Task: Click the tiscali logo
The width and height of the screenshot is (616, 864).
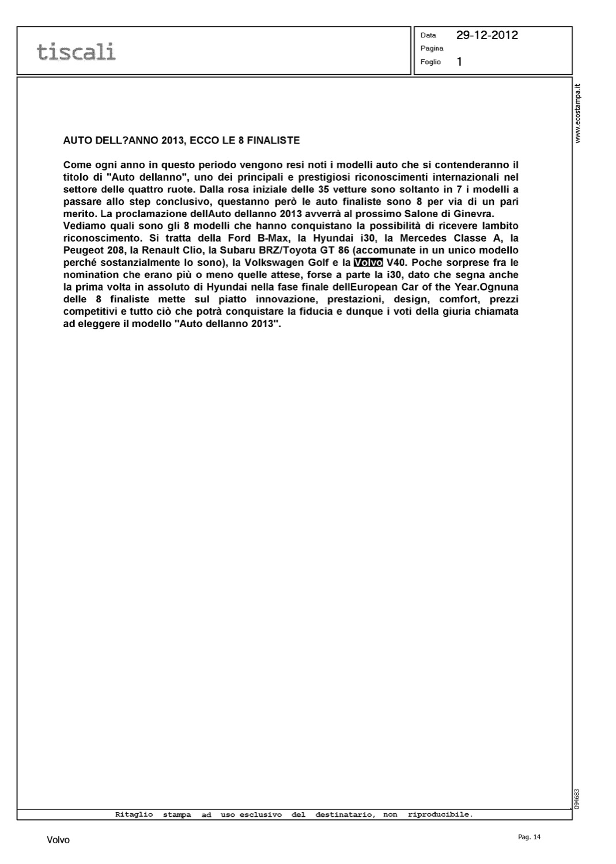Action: (76, 51)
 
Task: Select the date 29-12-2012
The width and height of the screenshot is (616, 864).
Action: (487, 35)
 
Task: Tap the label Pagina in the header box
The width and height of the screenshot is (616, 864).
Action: (432, 48)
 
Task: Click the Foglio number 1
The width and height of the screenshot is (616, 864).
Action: (459, 62)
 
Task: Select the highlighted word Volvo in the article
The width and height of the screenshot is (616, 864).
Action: (368, 263)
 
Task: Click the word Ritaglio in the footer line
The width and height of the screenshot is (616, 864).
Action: (134, 814)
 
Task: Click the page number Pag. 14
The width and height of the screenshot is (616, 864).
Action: (530, 838)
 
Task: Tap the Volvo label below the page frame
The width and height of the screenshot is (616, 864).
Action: (58, 840)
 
